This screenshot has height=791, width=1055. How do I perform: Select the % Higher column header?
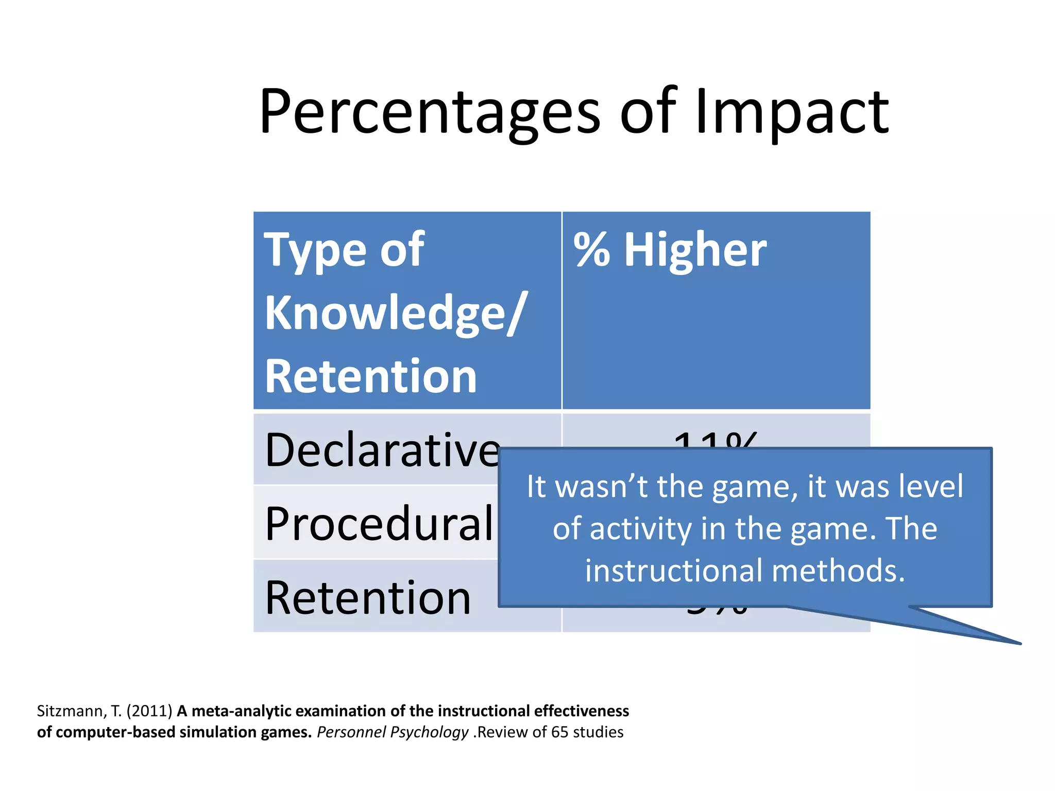pos(670,250)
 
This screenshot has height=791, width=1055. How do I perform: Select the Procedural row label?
pos(379,524)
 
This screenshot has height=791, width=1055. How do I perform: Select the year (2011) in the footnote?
pos(149,711)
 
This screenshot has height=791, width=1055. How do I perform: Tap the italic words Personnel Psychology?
pos(392,732)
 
